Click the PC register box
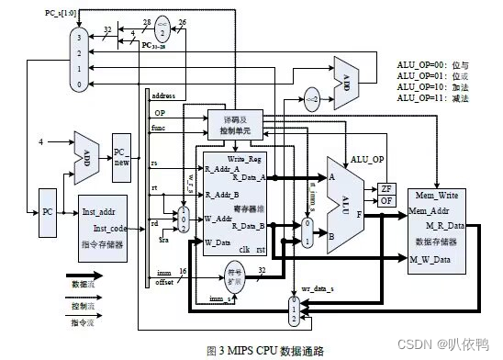click(49, 211)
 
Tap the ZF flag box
click(386, 188)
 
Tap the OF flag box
click(386, 202)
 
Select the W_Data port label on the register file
click(219, 242)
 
